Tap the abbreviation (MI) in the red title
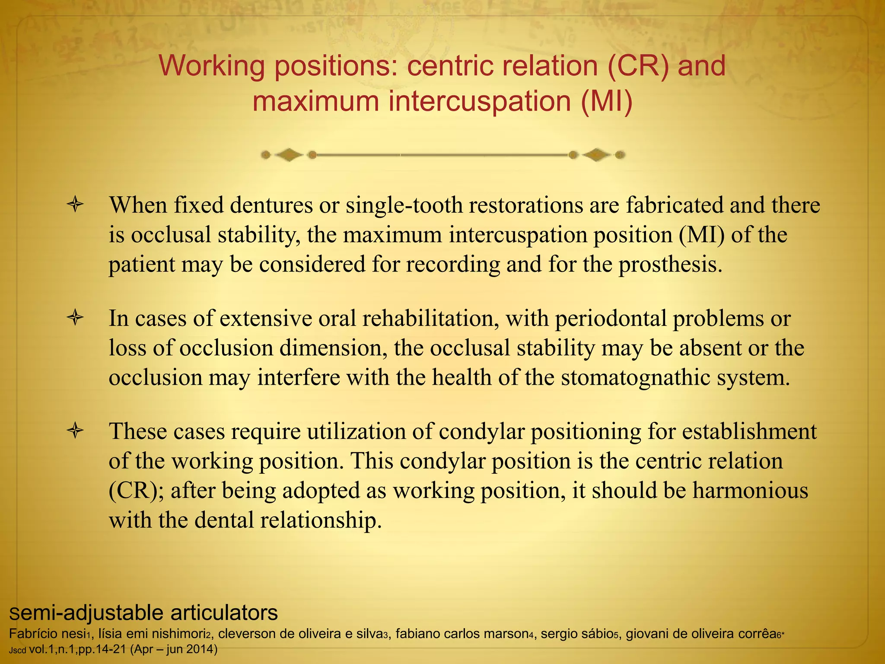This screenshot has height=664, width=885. click(x=606, y=102)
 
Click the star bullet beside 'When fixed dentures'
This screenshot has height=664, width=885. click(x=75, y=204)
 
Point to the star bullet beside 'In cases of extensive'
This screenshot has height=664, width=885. click(x=75, y=318)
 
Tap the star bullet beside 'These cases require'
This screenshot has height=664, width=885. click(x=75, y=431)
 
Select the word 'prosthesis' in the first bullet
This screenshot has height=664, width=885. click(x=670, y=264)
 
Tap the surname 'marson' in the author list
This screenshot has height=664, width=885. click(x=509, y=634)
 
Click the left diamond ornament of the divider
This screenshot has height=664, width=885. click(x=289, y=154)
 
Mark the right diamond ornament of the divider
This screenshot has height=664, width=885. click(x=597, y=154)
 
